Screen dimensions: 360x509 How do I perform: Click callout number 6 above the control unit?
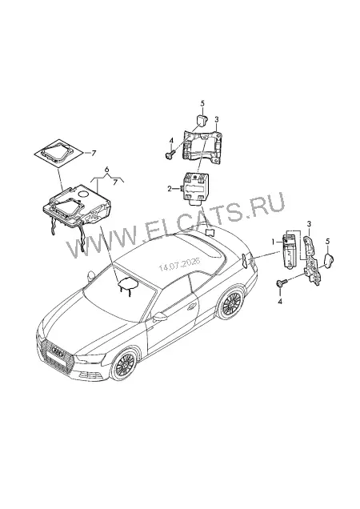tap(106, 169)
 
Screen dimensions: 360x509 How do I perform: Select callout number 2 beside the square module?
tap(169, 189)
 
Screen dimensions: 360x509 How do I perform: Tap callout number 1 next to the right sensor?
tap(274, 242)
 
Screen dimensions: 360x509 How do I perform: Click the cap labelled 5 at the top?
tap(202, 120)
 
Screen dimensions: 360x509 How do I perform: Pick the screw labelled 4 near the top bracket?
tap(170, 154)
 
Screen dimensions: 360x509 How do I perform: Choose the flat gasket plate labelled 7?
tap(58, 152)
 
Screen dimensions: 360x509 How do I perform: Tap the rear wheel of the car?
tap(231, 303)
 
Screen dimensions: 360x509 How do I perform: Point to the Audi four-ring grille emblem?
tap(56, 353)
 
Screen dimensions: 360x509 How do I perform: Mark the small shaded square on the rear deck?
tap(210, 232)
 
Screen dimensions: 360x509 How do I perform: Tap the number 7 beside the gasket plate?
tap(94, 154)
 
